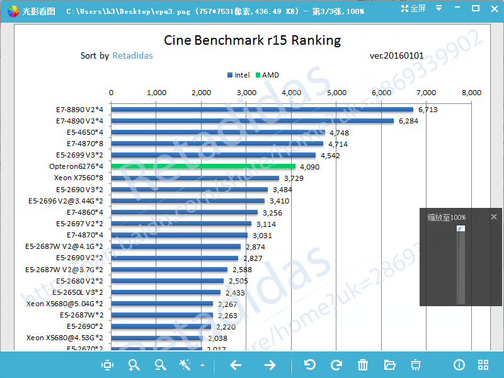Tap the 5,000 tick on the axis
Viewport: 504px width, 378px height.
(x=336, y=93)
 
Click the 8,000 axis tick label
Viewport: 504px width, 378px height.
(x=471, y=93)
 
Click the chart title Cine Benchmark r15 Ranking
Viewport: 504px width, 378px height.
(x=252, y=40)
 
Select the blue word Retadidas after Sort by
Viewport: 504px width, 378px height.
(x=132, y=55)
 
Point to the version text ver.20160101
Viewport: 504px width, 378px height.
(x=396, y=55)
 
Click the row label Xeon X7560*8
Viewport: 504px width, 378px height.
(x=78, y=178)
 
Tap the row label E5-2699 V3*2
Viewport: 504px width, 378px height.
(x=79, y=155)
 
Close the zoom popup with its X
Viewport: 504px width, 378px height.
(x=494, y=217)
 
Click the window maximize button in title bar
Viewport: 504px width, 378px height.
(x=476, y=9)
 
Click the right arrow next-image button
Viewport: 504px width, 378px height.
(x=270, y=365)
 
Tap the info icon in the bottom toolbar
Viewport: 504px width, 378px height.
(x=459, y=365)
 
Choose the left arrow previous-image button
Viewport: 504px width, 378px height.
(x=236, y=365)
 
